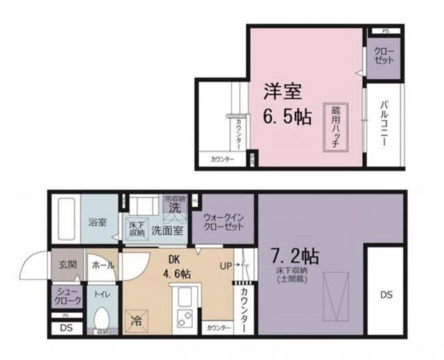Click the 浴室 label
click(x=97, y=223)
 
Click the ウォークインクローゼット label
click(x=223, y=222)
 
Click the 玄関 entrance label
click(x=67, y=264)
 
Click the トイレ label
click(x=101, y=293)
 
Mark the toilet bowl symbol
click(x=103, y=320)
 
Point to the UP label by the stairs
click(x=226, y=265)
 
